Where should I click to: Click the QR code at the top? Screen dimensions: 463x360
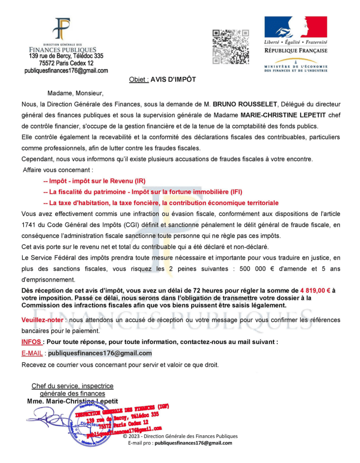[x=231, y=46]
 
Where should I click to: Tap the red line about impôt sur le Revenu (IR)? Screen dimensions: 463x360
[x=94, y=181]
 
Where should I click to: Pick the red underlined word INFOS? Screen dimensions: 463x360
[x=31, y=342]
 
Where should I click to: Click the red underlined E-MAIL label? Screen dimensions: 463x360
[x=32, y=353]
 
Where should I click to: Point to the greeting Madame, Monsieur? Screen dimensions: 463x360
[x=75, y=93]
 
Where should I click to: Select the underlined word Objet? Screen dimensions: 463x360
[x=138, y=79]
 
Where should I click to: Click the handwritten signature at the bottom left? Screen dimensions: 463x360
[x=48, y=417]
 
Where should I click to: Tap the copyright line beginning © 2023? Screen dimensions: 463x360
[x=180, y=436]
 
